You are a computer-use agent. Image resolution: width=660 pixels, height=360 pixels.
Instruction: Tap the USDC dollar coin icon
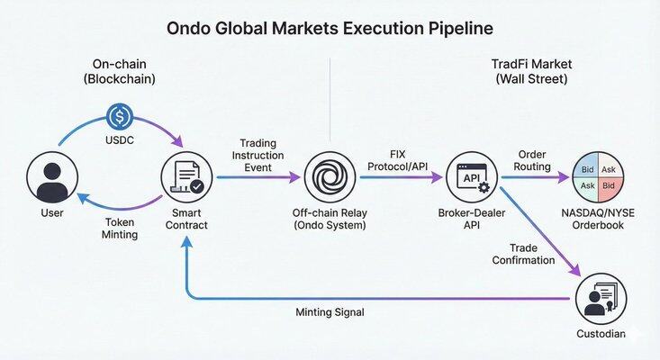pyautogui.click(x=121, y=117)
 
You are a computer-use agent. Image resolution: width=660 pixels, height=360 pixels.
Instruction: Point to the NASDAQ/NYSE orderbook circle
pyautogui.click(x=599, y=177)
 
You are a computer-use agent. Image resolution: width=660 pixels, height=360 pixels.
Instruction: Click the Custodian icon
pyautogui.click(x=599, y=300)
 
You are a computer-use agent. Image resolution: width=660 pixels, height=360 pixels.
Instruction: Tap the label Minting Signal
pyautogui.click(x=330, y=312)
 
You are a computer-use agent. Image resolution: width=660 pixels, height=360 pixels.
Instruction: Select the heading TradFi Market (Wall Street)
pyautogui.click(x=529, y=72)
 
